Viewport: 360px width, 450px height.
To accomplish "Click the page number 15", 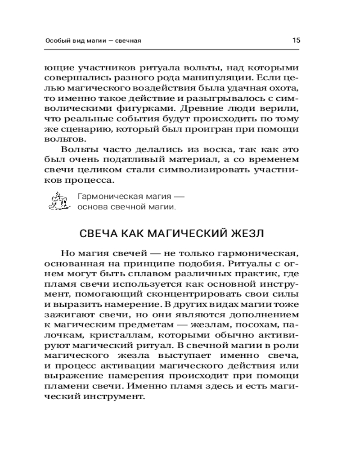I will pos(296,40).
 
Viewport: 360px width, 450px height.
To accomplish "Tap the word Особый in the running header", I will pos(56,40).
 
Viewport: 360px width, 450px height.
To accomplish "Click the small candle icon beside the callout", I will pos(59,202).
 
